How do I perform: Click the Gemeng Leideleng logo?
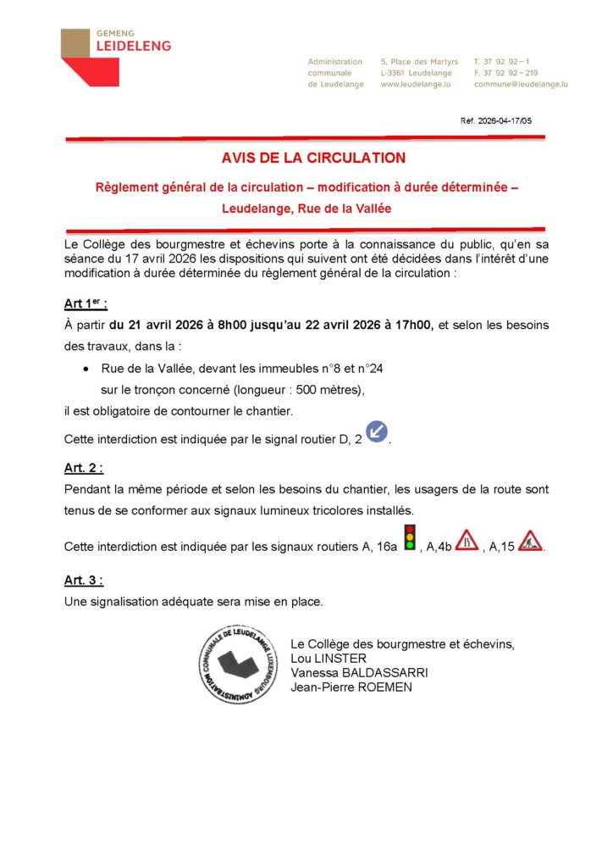pyautogui.click(x=115, y=56)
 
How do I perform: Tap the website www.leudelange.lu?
pyautogui.click(x=414, y=85)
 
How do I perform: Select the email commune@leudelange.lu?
pyautogui.click(x=520, y=85)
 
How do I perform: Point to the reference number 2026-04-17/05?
pyautogui.click(x=496, y=121)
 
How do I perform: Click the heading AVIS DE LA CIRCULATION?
pyautogui.click(x=313, y=158)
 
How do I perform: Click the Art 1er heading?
pyautogui.click(x=86, y=303)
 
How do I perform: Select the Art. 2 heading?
pyautogui.click(x=84, y=467)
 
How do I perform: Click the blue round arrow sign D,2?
pyautogui.click(x=376, y=432)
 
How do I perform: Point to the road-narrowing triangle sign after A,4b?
pyautogui.click(x=467, y=539)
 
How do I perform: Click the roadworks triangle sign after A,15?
pyautogui.click(x=530, y=539)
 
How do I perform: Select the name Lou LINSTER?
pyautogui.click(x=329, y=659)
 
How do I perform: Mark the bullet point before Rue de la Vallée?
pyautogui.click(x=87, y=370)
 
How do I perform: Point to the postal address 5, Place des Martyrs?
pyautogui.click(x=419, y=62)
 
